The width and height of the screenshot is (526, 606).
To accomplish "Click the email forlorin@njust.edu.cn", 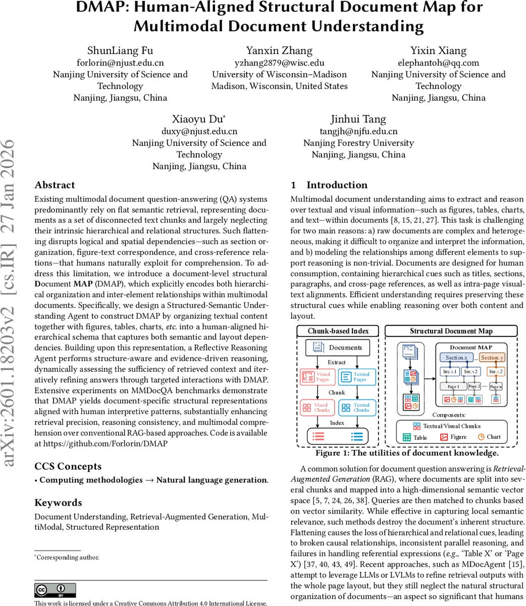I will tap(120, 63).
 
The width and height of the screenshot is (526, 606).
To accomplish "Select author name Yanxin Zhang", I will tap(279, 50).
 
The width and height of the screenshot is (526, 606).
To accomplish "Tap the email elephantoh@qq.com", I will tap(438, 63).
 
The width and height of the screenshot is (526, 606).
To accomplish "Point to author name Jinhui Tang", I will tap(358, 119).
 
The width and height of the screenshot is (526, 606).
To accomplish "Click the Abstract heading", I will tap(55, 185).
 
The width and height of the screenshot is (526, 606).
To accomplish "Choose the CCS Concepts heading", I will tap(68, 466).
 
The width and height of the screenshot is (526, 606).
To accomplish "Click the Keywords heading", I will tap(58, 502).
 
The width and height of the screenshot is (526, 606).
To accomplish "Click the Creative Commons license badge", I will tap(55, 590).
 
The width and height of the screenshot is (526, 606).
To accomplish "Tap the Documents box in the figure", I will tap(338, 347).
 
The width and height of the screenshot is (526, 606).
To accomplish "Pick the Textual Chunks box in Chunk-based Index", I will tap(357, 408).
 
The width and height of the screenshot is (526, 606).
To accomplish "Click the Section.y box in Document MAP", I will tap(492, 358).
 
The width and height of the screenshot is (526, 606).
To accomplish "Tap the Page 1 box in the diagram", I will tap(453, 386).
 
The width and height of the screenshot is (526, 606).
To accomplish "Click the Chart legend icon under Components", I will tap(481, 437).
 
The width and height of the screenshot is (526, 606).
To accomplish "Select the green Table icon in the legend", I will tap(407, 437).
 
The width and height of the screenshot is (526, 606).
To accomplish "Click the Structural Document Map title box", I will tap(451, 331).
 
